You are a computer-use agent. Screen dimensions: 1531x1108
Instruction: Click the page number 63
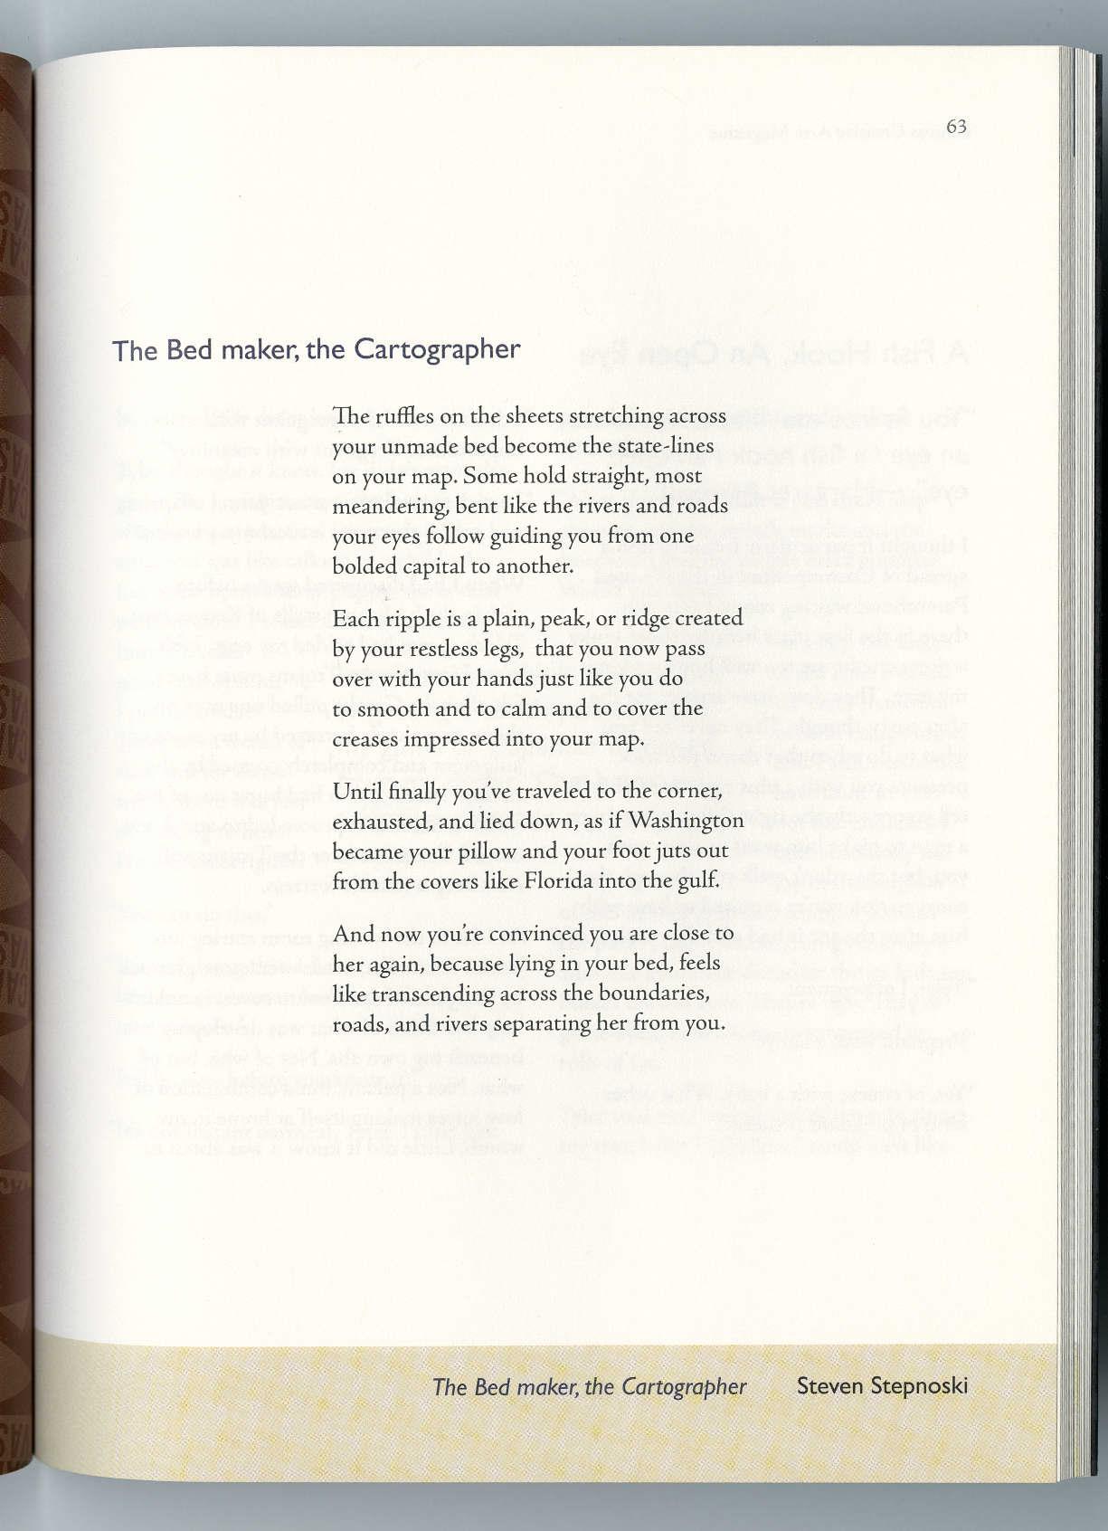[956, 126]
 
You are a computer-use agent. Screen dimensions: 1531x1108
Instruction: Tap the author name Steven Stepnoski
[882, 1386]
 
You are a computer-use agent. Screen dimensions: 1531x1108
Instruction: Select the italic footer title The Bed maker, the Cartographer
[590, 1386]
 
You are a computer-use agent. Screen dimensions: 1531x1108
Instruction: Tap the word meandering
[388, 506]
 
